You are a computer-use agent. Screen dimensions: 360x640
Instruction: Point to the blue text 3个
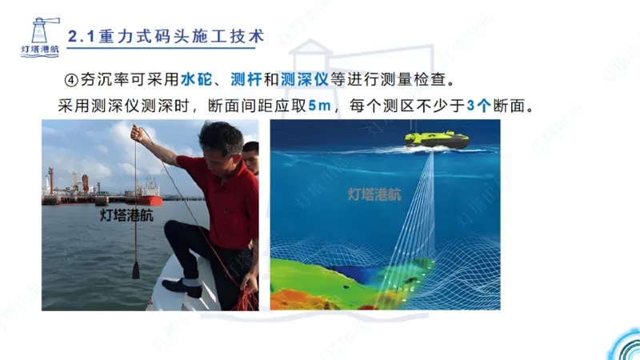pyautogui.click(x=478, y=105)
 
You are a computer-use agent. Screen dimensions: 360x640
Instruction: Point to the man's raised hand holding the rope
pyautogui.click(x=141, y=133)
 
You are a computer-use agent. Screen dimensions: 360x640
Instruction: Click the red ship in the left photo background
pyautogui.click(x=146, y=191)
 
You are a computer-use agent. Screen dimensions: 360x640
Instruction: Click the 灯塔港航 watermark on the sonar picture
pyautogui.click(x=374, y=194)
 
